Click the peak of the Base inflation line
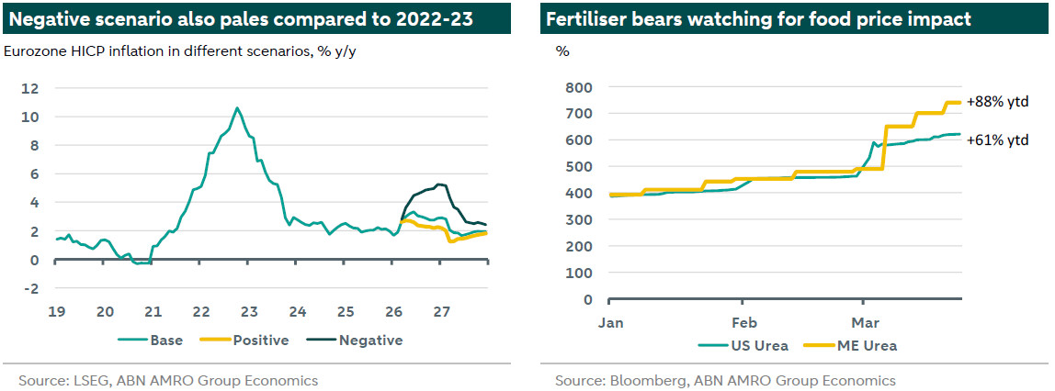tap(237, 108)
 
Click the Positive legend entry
tap(260, 341)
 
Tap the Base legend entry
tap(165, 341)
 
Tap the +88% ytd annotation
tap(997, 102)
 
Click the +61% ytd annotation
tap(997, 140)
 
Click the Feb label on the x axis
tap(743, 323)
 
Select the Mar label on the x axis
tap(863, 323)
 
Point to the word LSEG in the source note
tap(88, 380)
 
